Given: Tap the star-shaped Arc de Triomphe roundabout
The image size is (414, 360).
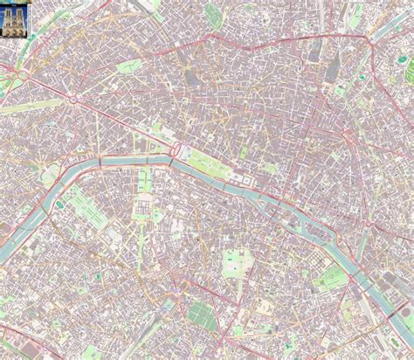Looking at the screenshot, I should (x=74, y=99).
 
